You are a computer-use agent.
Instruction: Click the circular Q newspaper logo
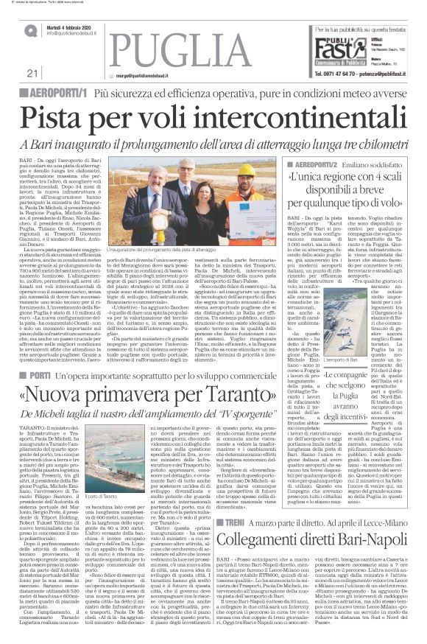[x=32, y=30]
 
